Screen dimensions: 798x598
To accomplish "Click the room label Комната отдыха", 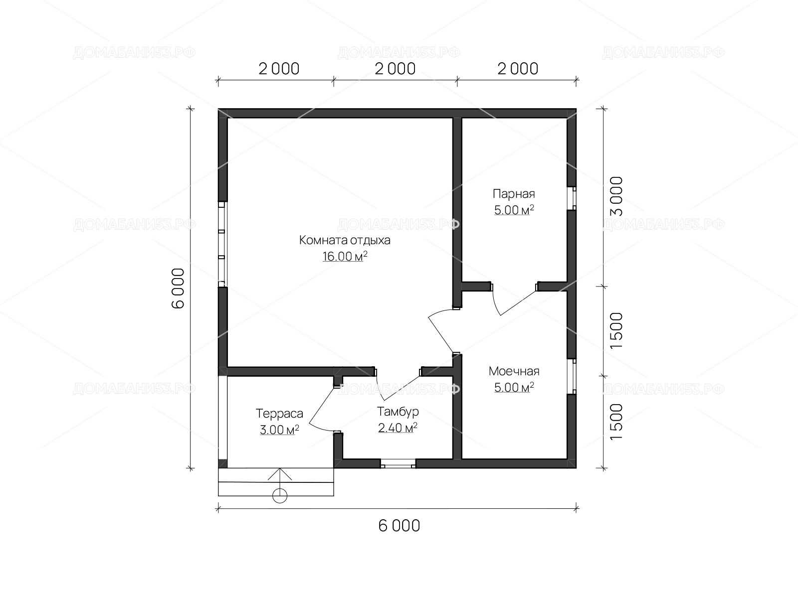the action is point(345,240).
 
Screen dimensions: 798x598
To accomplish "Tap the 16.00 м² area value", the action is point(345,256).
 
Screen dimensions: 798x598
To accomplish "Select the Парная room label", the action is point(514,194).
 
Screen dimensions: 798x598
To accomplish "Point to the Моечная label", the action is point(514,371).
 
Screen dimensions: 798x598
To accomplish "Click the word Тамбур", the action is point(398,412).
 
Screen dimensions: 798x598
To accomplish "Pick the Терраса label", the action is point(279,414).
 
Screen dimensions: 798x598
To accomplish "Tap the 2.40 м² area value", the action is point(398,428).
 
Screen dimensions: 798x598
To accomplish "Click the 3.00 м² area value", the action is point(279,430).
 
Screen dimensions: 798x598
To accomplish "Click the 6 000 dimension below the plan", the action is point(399,526).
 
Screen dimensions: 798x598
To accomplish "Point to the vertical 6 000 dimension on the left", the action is point(178,289).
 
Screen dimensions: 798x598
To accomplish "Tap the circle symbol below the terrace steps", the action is point(280,496).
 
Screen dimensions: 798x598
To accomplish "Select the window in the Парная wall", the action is point(572,198).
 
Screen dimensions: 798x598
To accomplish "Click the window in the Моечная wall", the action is point(572,377).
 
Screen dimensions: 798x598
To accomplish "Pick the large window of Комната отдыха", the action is point(221,244).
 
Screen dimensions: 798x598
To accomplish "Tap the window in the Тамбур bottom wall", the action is point(398,463).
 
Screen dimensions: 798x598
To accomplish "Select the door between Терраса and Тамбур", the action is point(321,409).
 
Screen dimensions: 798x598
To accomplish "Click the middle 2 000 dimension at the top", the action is point(395,69).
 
